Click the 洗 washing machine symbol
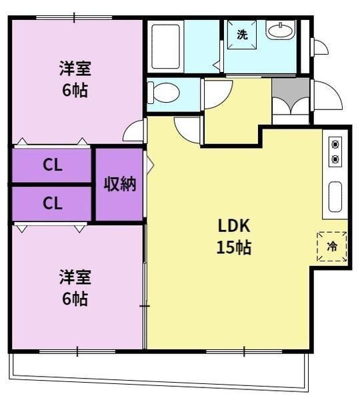[x=242, y=35]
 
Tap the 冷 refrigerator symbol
[x=331, y=246]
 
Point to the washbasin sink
[x=281, y=30]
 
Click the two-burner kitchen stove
[x=335, y=151]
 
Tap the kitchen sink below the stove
[x=335, y=197]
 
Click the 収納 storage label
[x=119, y=184]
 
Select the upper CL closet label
[x=53, y=166]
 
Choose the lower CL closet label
[x=53, y=203]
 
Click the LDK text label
[x=233, y=225]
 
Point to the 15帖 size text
[x=233, y=248]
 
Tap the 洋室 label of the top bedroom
[x=75, y=69]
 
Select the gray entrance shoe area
[x=291, y=87]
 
